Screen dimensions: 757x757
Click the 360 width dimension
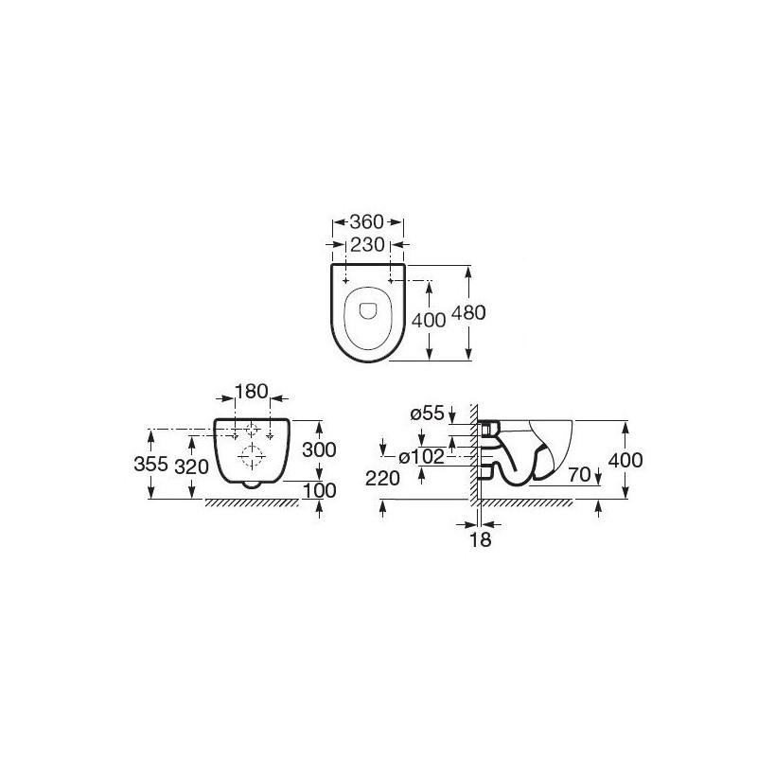point(366,222)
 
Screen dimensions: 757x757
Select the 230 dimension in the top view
point(367,245)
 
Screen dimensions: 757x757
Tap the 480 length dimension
point(468,313)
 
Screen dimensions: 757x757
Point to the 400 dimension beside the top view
point(429,320)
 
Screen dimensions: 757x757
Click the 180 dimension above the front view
point(251,391)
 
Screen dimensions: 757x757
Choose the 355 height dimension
point(150,465)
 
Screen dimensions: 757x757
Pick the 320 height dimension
point(192,467)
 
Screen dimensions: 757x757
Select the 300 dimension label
point(319,450)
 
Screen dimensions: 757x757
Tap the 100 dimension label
point(319,490)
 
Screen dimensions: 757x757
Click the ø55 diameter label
point(427,414)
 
